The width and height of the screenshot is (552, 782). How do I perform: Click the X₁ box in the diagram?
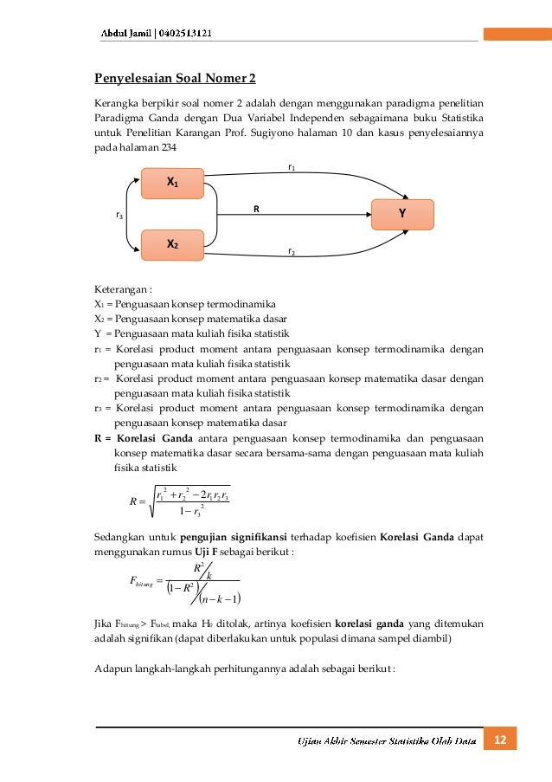coord(172,184)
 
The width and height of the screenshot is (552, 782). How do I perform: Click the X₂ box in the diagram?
coord(172,245)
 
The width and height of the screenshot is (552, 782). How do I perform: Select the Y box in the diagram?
coord(402,214)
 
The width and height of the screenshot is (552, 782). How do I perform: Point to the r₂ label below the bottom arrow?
coord(292,252)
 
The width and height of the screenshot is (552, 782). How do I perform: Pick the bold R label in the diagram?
coord(256,209)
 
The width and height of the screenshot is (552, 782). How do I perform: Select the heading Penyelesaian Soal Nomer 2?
coord(175,79)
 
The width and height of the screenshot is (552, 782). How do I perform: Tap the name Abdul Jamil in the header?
coord(124,33)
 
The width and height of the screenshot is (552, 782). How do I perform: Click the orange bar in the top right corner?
coord(517,34)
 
